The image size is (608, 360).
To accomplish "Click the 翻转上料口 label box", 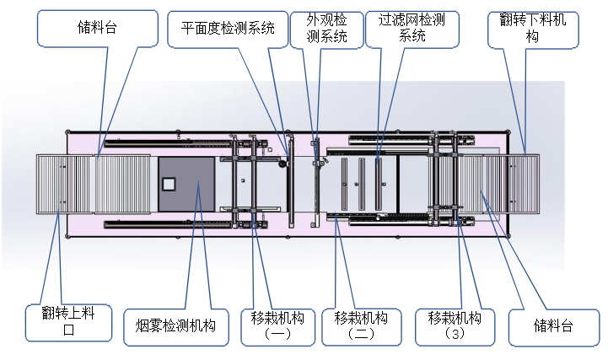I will click(69, 322).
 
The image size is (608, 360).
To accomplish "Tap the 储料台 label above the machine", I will click(98, 27).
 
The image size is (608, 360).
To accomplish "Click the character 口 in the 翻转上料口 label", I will click(69, 330).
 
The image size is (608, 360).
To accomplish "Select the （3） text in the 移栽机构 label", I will click(455, 334).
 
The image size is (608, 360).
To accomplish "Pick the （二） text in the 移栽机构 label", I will click(360, 334).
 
